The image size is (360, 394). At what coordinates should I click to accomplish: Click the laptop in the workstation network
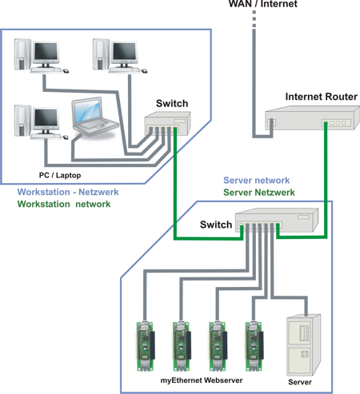click(94, 118)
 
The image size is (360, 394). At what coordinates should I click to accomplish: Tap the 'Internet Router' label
click(321, 97)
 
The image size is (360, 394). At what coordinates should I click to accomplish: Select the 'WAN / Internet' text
click(263, 4)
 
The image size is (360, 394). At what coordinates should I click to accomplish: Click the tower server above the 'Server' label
click(303, 345)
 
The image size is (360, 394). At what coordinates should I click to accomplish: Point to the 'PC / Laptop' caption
click(60, 175)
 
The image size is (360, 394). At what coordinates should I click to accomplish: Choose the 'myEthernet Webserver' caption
click(202, 380)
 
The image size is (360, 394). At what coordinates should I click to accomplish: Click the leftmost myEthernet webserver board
click(146, 346)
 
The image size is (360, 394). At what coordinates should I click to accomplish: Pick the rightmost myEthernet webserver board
click(254, 346)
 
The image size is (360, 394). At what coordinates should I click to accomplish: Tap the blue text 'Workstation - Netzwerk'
click(68, 192)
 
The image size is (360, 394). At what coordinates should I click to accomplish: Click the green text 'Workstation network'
click(64, 204)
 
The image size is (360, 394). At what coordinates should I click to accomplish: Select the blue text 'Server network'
click(257, 181)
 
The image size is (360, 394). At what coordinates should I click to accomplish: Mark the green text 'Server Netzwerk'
click(259, 193)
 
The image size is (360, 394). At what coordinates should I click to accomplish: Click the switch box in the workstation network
click(168, 124)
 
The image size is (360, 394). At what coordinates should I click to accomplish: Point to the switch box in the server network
click(277, 220)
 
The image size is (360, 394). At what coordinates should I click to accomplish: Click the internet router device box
click(312, 118)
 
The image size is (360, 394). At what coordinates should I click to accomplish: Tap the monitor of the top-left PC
click(46, 53)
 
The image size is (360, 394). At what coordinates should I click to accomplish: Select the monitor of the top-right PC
click(124, 53)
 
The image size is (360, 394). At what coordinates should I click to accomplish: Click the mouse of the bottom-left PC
click(66, 137)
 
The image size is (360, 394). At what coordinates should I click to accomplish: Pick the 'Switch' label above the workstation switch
click(172, 103)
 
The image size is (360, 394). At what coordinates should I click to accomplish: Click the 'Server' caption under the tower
click(300, 382)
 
